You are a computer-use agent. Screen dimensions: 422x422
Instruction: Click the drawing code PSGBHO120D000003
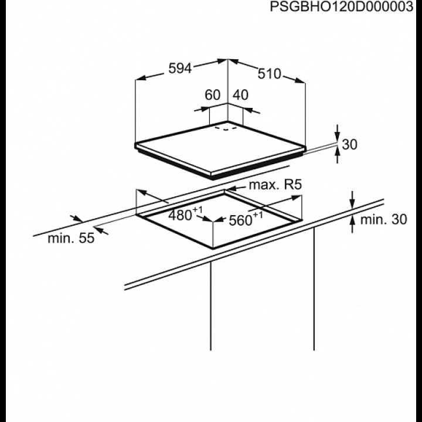click(341, 6)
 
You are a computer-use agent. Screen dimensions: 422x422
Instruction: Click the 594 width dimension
click(180, 69)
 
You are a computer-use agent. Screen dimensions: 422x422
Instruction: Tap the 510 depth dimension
click(269, 74)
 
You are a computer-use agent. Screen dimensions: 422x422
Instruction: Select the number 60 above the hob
click(213, 95)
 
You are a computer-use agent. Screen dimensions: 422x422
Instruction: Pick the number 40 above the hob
click(241, 95)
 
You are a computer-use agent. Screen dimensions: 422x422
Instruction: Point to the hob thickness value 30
click(349, 144)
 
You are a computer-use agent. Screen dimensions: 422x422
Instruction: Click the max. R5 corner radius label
click(275, 185)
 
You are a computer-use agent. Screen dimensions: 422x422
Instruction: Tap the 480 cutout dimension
click(185, 215)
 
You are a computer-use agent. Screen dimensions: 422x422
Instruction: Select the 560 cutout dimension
click(246, 219)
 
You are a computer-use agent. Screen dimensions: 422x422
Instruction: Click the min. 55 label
click(71, 238)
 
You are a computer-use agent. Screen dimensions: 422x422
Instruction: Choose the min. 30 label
click(383, 220)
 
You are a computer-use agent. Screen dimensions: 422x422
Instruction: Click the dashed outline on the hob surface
click(226, 128)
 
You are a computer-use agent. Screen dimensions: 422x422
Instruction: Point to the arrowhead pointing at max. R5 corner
click(230, 189)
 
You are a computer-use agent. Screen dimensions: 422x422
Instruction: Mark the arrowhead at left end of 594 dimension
click(140, 78)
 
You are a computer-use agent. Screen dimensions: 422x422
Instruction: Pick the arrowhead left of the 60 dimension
click(205, 109)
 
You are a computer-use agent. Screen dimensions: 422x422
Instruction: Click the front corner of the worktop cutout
click(213, 247)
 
